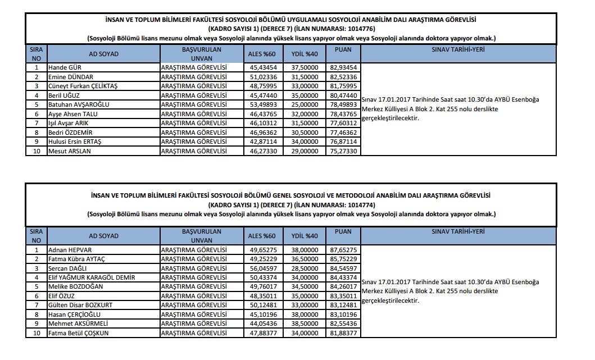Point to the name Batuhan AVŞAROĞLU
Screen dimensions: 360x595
point(79,104)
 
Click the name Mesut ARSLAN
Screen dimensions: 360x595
point(70,151)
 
